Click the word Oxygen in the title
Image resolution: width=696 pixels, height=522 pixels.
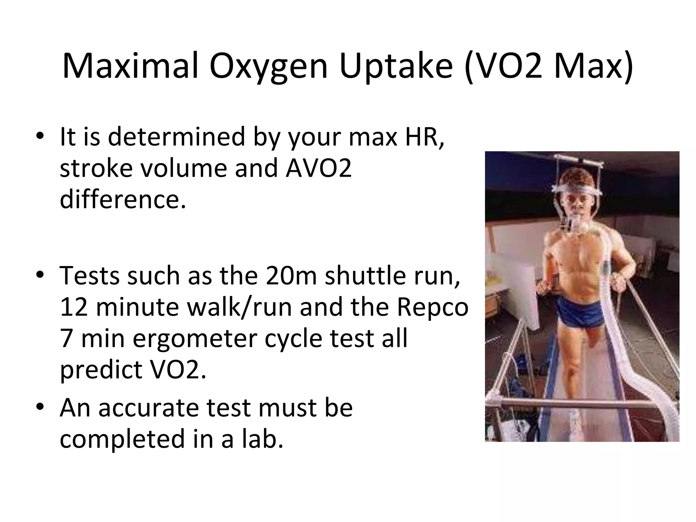click(268, 67)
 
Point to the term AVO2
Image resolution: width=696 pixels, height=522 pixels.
click(318, 168)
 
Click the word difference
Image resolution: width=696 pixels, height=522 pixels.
click(123, 199)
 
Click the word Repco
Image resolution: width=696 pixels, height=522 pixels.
click(432, 307)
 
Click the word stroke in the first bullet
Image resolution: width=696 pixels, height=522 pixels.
click(96, 168)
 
